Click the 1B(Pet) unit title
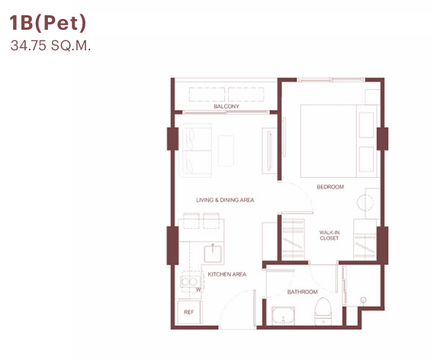pos(48,23)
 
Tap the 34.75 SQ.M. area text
pos(50,46)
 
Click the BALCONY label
pos(226,106)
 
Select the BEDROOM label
pos(330,187)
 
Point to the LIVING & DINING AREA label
pos(225,200)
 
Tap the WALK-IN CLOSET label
pos(329,235)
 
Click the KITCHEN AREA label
pos(227,275)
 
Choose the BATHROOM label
pos(302,291)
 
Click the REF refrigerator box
pos(189,312)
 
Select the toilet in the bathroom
pos(323,311)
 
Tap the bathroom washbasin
pos(283,316)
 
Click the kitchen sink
pos(213,253)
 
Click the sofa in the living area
pos(195,150)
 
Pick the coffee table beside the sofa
pos(226,150)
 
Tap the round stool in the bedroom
pos(365,202)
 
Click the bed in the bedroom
pos(339,141)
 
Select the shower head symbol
pos(364,300)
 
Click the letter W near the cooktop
pos(198,290)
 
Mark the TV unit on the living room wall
pos(269,151)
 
